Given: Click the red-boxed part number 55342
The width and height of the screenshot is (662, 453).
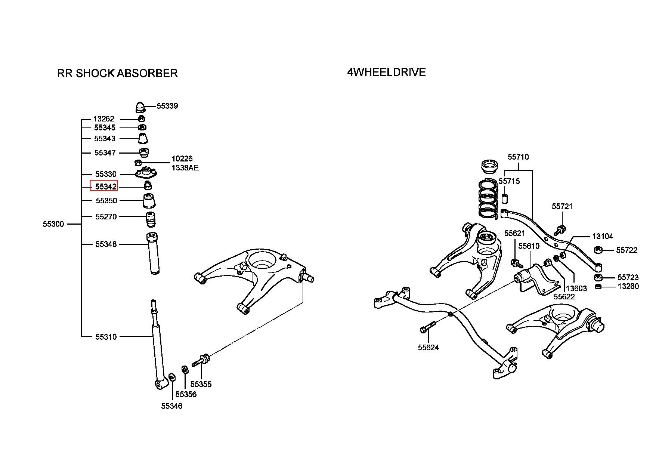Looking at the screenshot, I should pyautogui.click(x=104, y=186).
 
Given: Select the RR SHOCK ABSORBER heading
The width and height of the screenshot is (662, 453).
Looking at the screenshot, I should pyautogui.click(x=117, y=73).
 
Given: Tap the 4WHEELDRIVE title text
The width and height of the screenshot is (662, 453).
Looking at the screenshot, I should pyautogui.click(x=386, y=72).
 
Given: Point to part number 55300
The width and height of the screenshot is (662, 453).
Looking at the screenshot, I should pyautogui.click(x=53, y=224).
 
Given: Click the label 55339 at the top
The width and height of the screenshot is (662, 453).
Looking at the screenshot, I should pyautogui.click(x=167, y=106).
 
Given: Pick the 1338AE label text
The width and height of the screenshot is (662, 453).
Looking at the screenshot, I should pyautogui.click(x=185, y=168).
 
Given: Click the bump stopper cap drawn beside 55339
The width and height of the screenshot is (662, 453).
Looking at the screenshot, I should pyautogui.click(x=140, y=107).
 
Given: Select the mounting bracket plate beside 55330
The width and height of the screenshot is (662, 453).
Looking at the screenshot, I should pyautogui.click(x=146, y=173).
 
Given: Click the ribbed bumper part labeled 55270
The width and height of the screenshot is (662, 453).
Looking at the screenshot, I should pyautogui.click(x=150, y=220).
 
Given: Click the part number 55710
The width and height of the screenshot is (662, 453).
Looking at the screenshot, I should pyautogui.click(x=518, y=157).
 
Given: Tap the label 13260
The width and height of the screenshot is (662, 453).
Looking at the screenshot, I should pyautogui.click(x=628, y=286).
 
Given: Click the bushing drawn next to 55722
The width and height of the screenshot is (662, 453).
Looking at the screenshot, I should pyautogui.click(x=598, y=250).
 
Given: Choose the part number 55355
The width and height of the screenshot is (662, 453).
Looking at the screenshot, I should pyautogui.click(x=201, y=384).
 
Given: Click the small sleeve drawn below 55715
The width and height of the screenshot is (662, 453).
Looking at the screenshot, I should pyautogui.click(x=504, y=198).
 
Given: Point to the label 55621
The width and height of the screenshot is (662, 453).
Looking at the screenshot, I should pyautogui.click(x=514, y=233).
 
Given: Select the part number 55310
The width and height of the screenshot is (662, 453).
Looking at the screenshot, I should pyautogui.click(x=106, y=337).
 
